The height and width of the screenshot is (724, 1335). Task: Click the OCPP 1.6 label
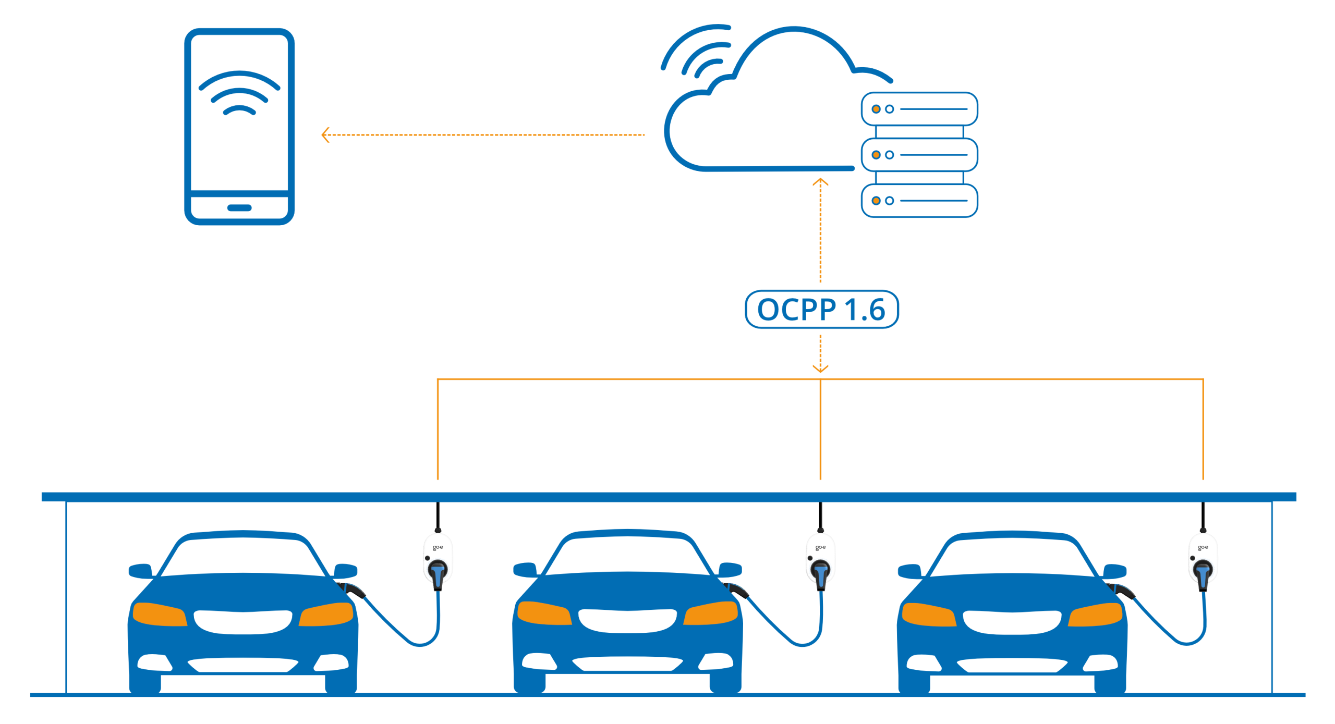coord(821,310)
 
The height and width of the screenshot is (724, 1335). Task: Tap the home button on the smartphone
coord(239,207)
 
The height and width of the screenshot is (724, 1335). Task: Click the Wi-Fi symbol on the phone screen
coord(239,94)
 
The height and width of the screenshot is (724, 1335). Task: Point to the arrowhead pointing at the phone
coord(325,135)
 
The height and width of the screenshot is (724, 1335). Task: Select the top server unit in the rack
coord(919,109)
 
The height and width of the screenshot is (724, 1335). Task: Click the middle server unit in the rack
coord(919,155)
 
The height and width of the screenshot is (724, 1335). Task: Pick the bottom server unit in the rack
coord(919,201)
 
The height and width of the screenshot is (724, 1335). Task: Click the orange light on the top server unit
coord(876,109)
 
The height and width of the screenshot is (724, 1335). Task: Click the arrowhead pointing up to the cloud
coord(820,182)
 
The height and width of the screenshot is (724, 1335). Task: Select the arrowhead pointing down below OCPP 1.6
coord(820,369)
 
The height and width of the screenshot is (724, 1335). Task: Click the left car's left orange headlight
coord(159,614)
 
